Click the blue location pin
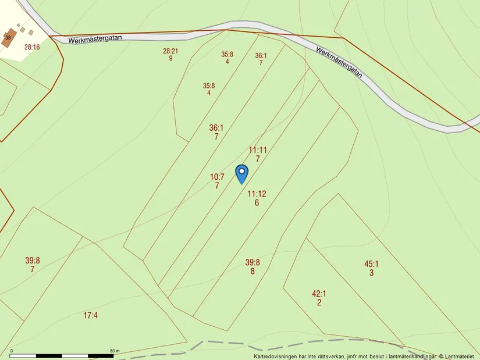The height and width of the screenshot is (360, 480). coord(241,173)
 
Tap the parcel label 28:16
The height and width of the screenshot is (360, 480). coord(32,48)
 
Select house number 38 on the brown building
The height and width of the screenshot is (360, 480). coord(8,38)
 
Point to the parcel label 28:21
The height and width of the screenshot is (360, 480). coord(170,51)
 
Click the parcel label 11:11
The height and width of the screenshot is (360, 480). coord(258,150)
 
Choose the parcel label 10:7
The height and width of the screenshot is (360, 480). coord(217,177)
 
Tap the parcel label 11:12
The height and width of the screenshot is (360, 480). coord(257,194)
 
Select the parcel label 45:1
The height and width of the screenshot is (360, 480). coord(371,264)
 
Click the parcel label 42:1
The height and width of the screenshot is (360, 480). coord(319,294)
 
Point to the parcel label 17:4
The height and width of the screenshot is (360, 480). coord(90,315)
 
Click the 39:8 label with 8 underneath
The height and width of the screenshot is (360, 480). coord(253,262)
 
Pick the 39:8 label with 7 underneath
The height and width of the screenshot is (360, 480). coord(33,261)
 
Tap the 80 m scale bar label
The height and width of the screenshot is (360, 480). coord(115,351)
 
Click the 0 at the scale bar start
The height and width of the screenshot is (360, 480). coord(12,351)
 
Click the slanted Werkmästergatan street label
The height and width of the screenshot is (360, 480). coord(339,63)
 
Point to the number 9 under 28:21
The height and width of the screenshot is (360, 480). coord(170,58)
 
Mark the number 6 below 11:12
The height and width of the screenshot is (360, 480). coord(257,203)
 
